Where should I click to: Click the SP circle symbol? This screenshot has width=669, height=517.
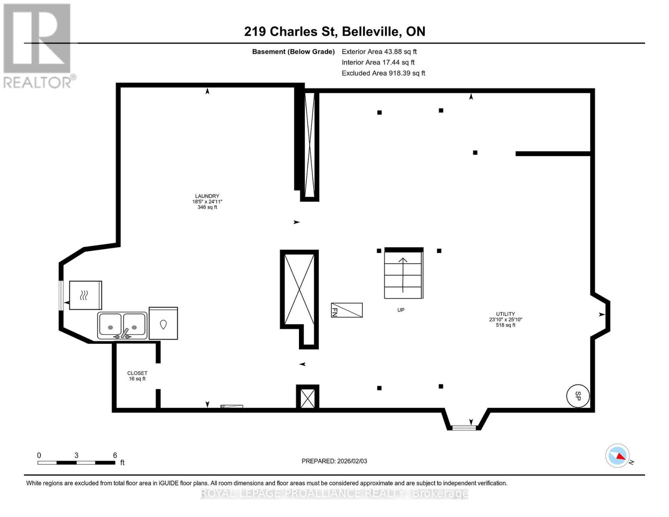tap(577, 396)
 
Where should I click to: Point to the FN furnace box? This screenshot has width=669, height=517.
tap(346, 310)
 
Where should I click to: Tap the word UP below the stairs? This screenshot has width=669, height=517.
tap(401, 310)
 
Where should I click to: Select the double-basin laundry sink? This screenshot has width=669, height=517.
tap(122, 325)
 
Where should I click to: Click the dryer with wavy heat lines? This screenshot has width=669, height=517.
tap(85, 295)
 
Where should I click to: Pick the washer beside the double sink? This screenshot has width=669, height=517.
tap(163, 324)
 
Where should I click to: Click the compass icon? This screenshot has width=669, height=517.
tap(617, 455)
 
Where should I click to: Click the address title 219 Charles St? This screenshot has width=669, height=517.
tap(334, 31)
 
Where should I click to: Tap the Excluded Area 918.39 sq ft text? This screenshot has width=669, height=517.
tap(383, 73)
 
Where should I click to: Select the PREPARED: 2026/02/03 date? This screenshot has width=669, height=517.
tap(334, 461)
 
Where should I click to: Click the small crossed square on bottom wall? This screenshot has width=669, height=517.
tap(308, 397)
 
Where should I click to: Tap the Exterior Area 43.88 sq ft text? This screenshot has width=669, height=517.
tap(379, 52)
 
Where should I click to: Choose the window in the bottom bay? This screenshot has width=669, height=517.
tap(464, 427)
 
